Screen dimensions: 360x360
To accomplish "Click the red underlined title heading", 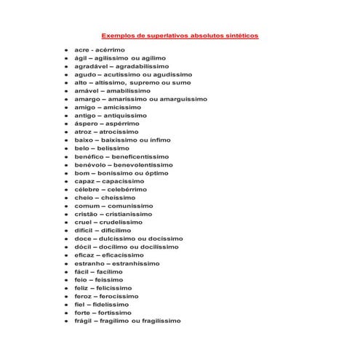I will (179, 34).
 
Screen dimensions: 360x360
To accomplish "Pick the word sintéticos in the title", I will (237, 34).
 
